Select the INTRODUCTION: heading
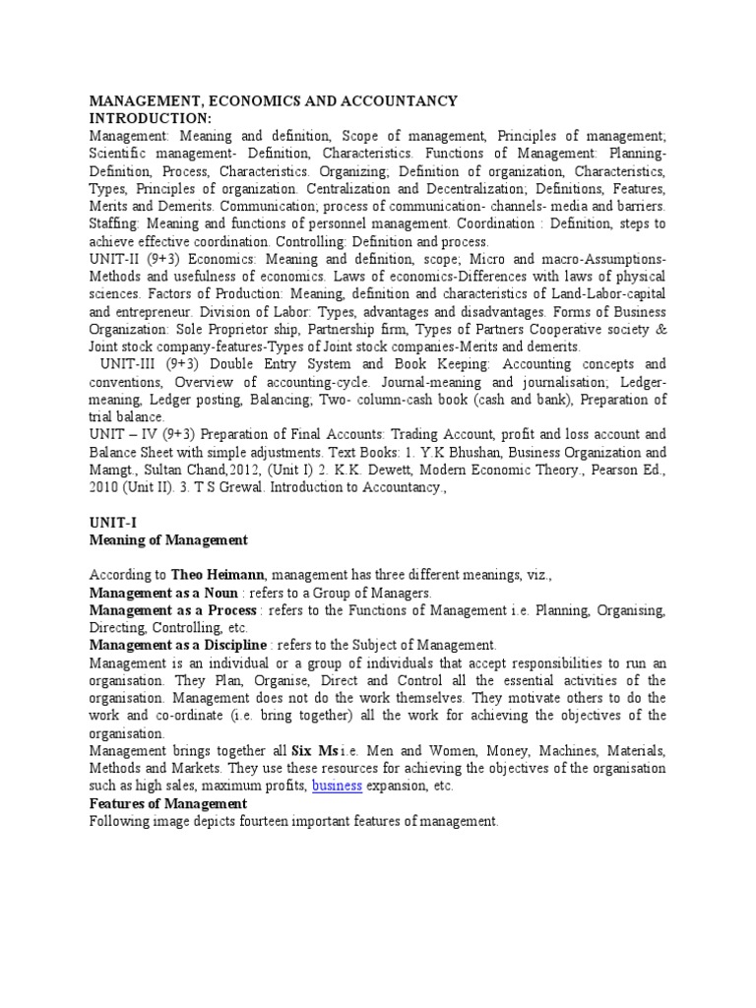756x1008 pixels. pos(151,119)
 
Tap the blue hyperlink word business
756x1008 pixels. pos(338,786)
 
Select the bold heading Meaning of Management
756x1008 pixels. pos(168,540)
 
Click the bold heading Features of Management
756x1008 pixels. pos(167,803)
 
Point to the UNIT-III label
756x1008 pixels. pos(127,364)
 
